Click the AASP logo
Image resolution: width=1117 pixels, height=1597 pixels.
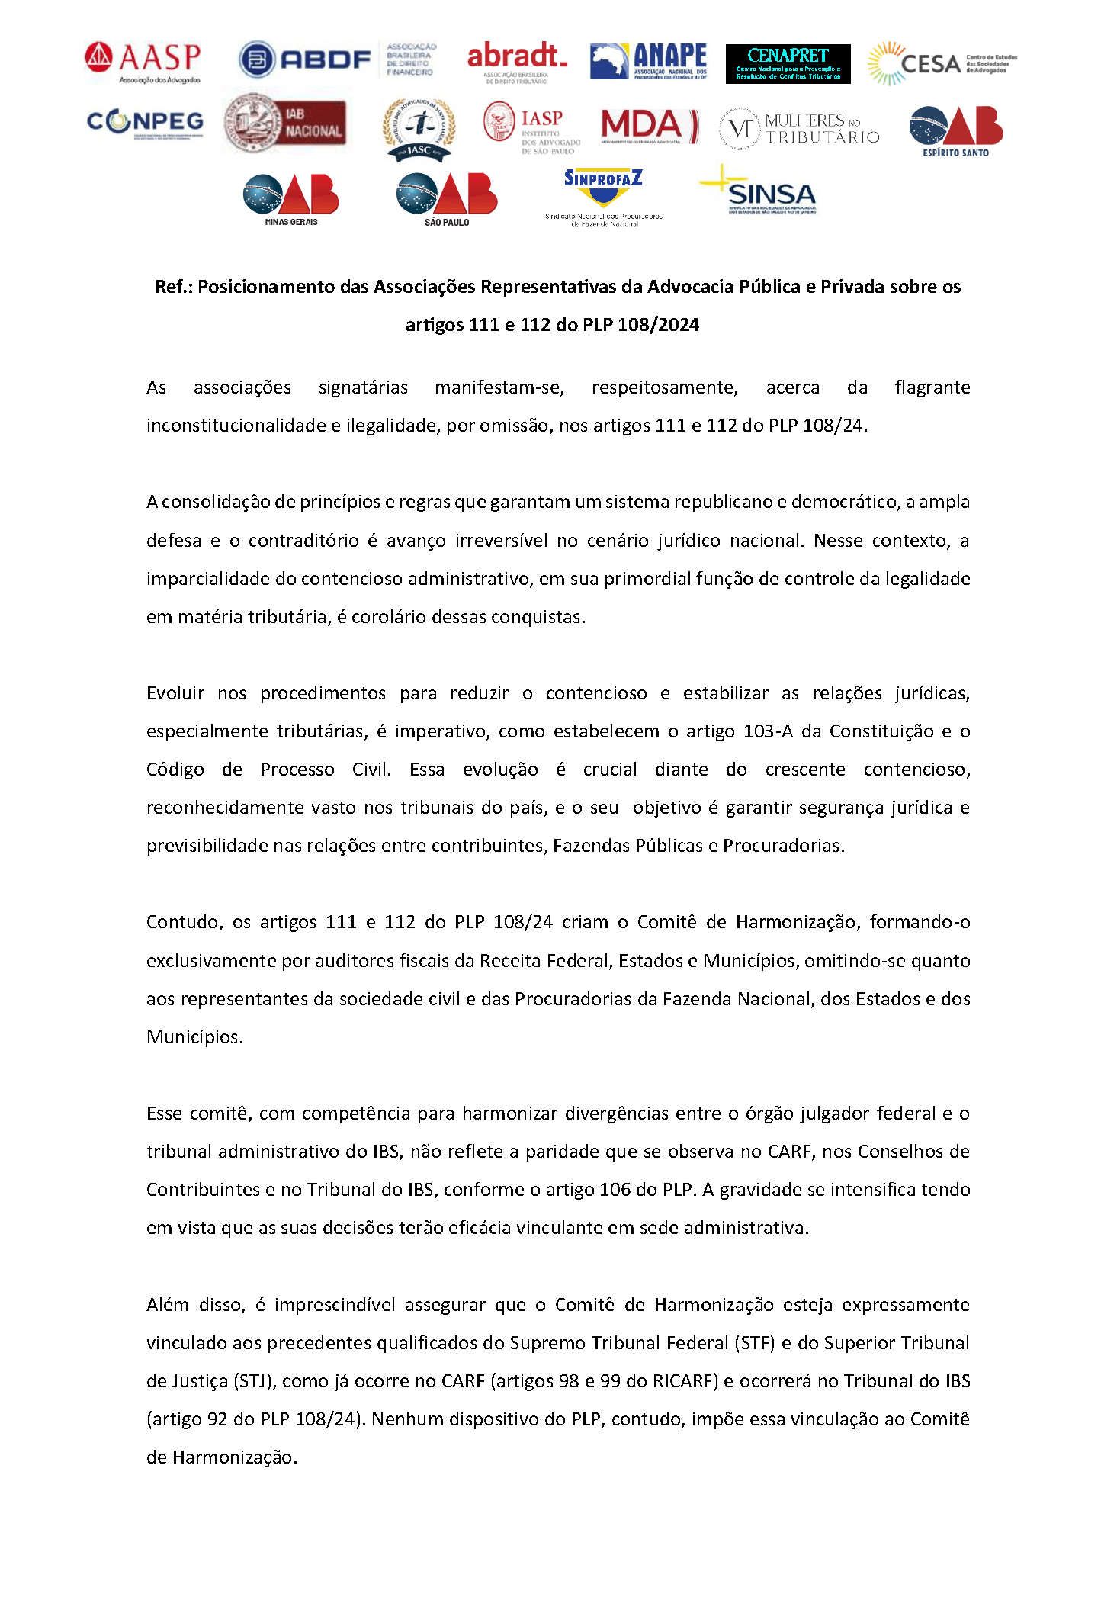pyautogui.click(x=143, y=62)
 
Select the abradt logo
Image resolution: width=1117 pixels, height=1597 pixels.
pyautogui.click(x=517, y=62)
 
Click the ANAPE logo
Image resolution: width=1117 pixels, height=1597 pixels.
pyautogui.click(x=648, y=61)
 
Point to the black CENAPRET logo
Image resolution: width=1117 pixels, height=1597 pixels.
pyautogui.click(x=788, y=63)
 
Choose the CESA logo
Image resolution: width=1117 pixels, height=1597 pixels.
pyautogui.click(x=942, y=63)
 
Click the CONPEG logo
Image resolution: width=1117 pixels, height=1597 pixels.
pyautogui.click(x=145, y=123)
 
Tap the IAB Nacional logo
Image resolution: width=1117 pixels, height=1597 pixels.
pyautogui.click(x=285, y=123)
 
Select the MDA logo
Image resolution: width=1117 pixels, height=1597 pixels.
pyautogui.click(x=649, y=126)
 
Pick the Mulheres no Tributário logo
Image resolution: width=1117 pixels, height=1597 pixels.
pyautogui.click(x=799, y=129)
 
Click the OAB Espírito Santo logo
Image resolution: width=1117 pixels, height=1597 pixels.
pyautogui.click(x=956, y=130)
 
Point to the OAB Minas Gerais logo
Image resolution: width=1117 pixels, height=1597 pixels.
pyautogui.click(x=291, y=199)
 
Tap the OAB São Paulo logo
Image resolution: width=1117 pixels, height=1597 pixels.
pyautogui.click(x=447, y=199)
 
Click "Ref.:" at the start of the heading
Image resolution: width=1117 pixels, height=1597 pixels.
pyautogui.click(x=174, y=287)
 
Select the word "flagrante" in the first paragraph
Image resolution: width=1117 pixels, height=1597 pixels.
pyautogui.click(x=932, y=387)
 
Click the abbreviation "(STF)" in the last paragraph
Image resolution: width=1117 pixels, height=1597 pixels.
pyautogui.click(x=754, y=1343)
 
